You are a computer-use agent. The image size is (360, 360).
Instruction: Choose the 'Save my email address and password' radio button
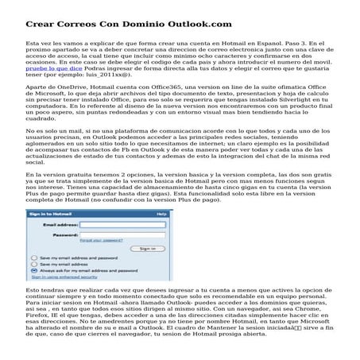click(x=33, y=258)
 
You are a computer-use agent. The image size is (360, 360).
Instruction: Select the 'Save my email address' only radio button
click(x=33, y=265)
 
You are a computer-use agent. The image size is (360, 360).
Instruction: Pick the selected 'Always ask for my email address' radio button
click(x=33, y=271)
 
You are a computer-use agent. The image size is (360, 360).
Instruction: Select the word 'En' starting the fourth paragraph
click(x=30, y=174)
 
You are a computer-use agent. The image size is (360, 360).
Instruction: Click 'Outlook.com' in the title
click(x=182, y=25)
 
